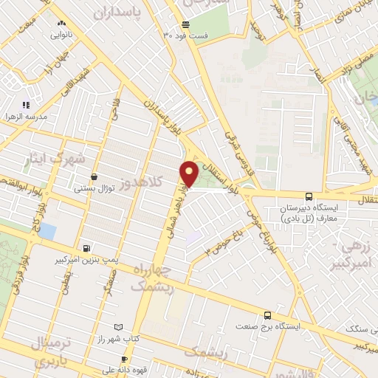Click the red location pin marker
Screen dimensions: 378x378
tap(189, 173)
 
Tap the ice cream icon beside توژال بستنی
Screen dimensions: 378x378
tap(94, 176)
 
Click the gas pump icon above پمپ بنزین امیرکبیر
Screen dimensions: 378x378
tap(88, 248)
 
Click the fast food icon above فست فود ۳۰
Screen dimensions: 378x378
tap(185, 24)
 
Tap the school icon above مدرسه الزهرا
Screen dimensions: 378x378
tap(26, 106)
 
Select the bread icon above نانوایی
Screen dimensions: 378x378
tap(61, 23)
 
